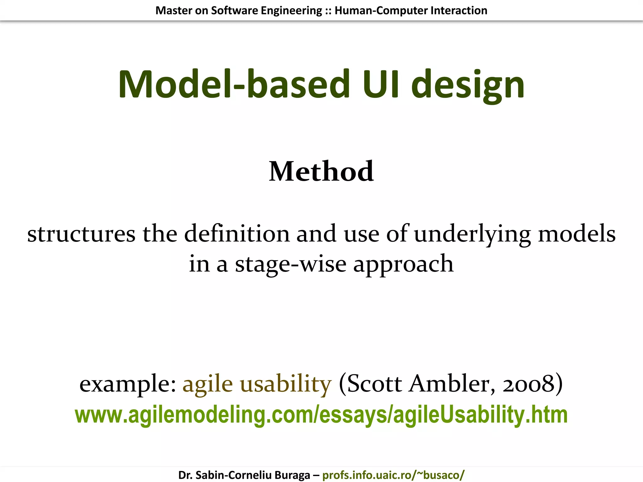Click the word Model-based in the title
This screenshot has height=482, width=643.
234,84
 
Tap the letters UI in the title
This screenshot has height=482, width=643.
381,84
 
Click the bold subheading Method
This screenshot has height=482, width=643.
321,171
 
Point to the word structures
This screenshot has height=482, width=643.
81,234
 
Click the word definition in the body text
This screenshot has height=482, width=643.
237,234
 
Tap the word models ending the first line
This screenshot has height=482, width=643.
577,234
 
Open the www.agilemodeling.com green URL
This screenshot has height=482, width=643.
321,415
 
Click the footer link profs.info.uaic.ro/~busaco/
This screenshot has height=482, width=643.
393,475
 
